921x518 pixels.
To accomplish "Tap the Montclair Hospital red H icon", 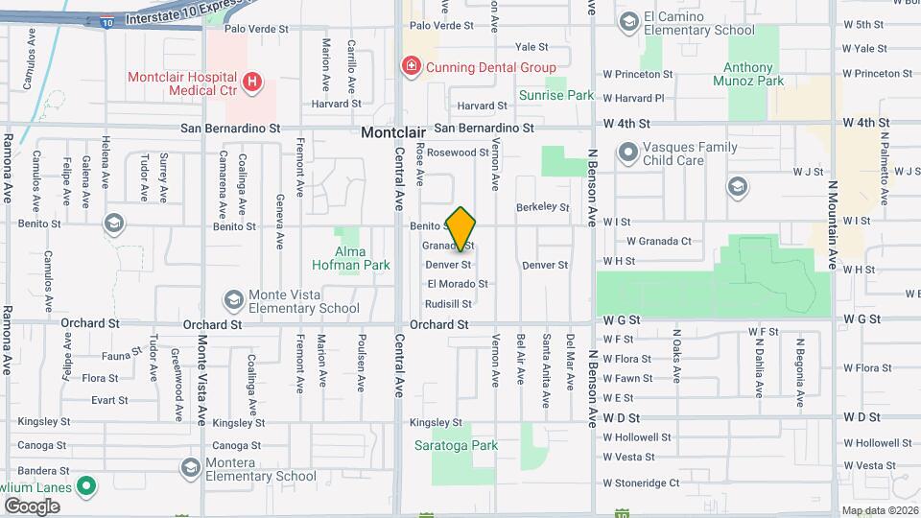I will pyautogui.click(x=251, y=82).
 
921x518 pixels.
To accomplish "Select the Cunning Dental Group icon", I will pyautogui.click(x=411, y=66).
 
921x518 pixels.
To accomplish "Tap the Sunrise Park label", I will pyautogui.click(x=556, y=95).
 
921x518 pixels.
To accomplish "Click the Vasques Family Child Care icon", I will pyautogui.click(x=628, y=153).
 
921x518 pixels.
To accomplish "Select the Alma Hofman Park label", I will pyautogui.click(x=350, y=264).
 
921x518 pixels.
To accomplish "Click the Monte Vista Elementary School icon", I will pyautogui.click(x=233, y=300).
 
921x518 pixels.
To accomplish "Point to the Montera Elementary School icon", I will pyautogui.click(x=189, y=467).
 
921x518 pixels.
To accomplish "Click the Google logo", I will pyautogui.click(x=32, y=506).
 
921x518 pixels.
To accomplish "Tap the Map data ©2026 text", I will pyautogui.click(x=880, y=509).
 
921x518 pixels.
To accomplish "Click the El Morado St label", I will pyautogui.click(x=458, y=284).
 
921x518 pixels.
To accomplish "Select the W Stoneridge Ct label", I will pyautogui.click(x=641, y=483).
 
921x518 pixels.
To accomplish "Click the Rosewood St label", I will pyautogui.click(x=458, y=153).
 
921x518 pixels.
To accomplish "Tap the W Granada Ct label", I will pyautogui.click(x=659, y=242).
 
